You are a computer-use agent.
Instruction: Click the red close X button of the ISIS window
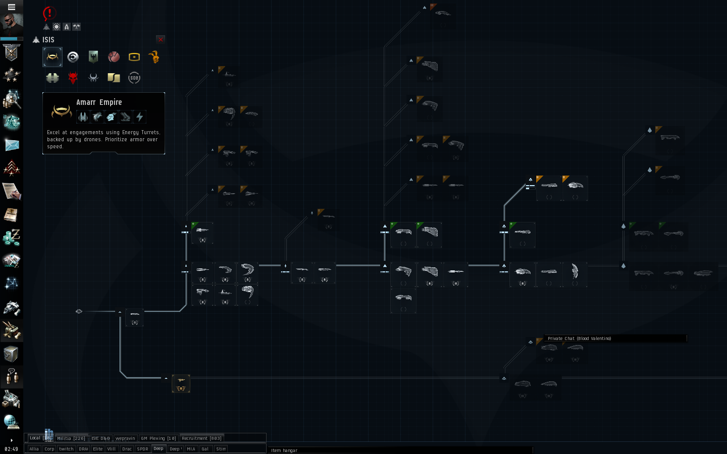161,39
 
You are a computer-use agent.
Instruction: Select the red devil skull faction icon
73,78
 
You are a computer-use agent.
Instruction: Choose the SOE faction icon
134,78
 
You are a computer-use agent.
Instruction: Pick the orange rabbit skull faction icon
154,57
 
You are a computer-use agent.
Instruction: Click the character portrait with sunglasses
12,23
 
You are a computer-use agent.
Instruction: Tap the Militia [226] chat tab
71,438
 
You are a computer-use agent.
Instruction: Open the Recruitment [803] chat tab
201,438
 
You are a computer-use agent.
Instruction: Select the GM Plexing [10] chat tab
159,438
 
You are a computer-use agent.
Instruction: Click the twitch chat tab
66,449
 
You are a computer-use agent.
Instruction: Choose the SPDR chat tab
143,449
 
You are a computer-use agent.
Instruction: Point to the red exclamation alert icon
49,13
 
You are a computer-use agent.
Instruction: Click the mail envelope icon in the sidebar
12,145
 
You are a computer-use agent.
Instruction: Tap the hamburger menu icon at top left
11,7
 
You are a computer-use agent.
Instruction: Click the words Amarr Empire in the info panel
99,102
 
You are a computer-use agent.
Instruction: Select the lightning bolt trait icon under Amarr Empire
140,117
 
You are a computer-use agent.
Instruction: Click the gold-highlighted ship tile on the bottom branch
181,383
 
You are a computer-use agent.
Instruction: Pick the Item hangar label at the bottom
284,450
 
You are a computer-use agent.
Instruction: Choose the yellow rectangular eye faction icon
134,57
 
